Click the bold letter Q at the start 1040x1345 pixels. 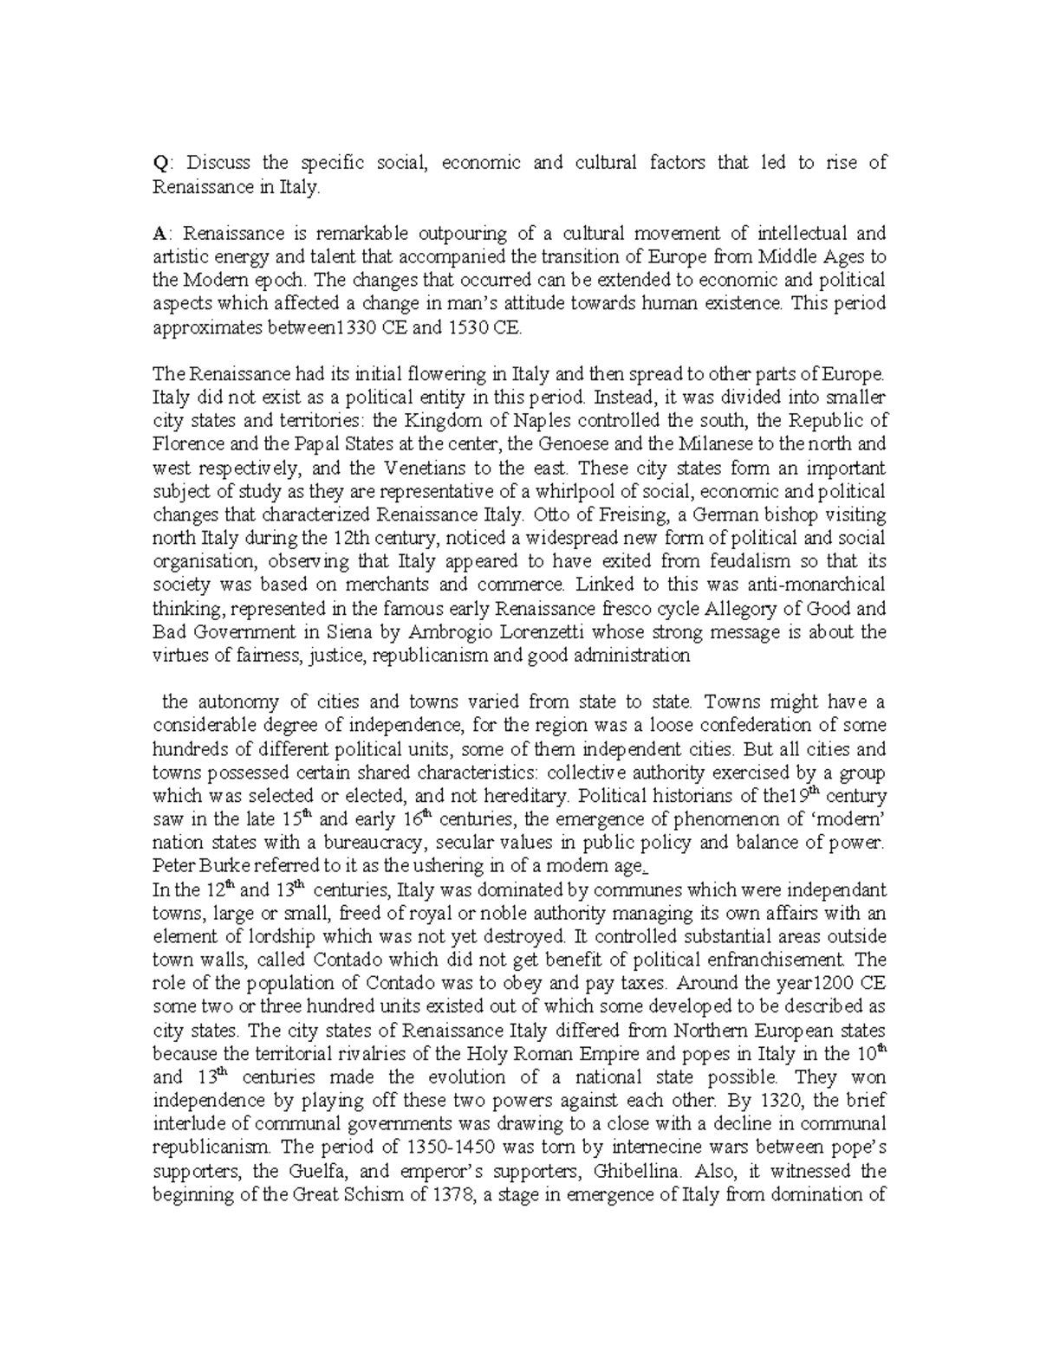[x=159, y=163]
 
